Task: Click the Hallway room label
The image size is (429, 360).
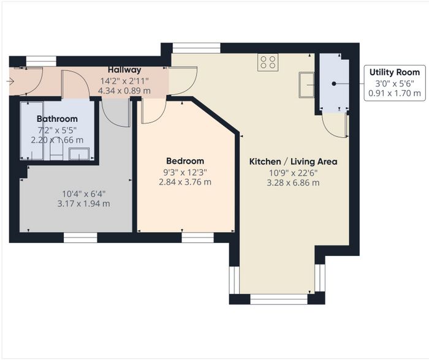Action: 124,70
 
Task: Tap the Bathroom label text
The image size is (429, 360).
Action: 57,119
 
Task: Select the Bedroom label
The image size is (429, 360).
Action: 185,161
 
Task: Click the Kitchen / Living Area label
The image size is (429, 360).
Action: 293,162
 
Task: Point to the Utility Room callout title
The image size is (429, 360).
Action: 395,72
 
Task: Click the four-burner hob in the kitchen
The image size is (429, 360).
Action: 268,62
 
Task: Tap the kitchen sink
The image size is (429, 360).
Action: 306,84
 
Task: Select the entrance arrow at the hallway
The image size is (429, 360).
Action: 10,81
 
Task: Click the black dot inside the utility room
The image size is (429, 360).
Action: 334,84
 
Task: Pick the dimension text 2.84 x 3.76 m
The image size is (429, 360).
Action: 185,182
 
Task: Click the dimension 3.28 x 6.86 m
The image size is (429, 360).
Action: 293,182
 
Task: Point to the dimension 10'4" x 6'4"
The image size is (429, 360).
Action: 84,194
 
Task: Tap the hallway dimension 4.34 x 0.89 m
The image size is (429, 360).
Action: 124,91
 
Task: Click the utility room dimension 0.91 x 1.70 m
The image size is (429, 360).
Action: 395,93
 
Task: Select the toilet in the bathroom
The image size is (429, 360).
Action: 56,151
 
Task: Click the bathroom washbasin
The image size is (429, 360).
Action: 79,154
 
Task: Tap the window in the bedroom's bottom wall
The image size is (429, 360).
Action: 197,238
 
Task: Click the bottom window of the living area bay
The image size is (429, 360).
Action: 279,299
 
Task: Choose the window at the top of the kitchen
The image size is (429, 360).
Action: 196,48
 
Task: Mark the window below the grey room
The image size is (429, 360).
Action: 80,238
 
